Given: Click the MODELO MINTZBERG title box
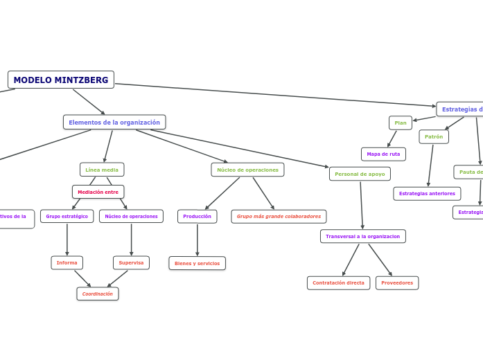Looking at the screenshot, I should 61,80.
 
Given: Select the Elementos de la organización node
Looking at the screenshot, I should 114,123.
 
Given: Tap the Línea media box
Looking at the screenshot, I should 102,170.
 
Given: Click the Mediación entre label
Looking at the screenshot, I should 98,192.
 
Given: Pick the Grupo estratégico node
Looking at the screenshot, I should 67,217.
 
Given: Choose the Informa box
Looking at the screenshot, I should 67,263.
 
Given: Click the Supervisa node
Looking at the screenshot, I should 131,263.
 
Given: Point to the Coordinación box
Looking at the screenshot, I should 98,294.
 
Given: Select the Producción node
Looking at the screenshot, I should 197,217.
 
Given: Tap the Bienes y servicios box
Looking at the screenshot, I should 197,264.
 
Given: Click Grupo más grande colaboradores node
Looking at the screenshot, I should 279,217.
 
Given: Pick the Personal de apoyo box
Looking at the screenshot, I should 360,174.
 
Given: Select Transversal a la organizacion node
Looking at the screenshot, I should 363,237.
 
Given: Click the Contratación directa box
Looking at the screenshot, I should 338,283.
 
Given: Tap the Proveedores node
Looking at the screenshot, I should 397,283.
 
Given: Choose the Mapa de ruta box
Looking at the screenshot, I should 383,154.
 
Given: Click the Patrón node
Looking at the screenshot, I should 434,137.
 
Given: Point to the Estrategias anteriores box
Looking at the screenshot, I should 427,194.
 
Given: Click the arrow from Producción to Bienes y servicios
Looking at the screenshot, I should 197,240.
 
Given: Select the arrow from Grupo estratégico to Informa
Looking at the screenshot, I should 67,240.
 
